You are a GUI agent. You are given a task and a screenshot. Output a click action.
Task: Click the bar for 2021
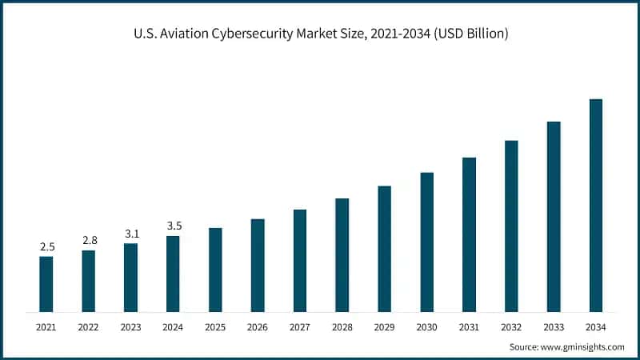click(x=46, y=284)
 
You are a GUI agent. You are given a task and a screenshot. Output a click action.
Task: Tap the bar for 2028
click(x=342, y=255)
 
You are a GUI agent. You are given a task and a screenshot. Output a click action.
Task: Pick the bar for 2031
click(x=469, y=234)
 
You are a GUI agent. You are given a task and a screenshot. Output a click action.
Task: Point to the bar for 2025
click(x=215, y=270)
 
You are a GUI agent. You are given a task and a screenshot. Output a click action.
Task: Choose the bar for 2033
click(x=554, y=217)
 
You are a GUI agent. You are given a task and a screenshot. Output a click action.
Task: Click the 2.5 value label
click(x=46, y=247)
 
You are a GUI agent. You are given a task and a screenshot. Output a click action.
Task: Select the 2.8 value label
click(x=89, y=241)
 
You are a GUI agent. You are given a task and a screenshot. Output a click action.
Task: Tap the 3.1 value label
click(x=131, y=234)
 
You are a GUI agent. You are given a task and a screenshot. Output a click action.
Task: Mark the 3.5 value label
click(x=174, y=226)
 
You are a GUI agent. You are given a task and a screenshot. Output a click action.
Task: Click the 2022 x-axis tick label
click(x=89, y=327)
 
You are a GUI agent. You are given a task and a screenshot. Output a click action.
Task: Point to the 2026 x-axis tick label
click(x=258, y=327)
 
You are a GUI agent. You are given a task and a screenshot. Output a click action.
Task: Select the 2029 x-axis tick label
click(x=384, y=327)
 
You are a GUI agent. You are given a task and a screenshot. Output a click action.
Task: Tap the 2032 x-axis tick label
click(x=511, y=327)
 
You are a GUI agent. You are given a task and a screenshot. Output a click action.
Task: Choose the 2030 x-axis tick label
click(x=426, y=327)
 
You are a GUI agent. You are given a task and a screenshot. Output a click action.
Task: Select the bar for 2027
click(x=300, y=261)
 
